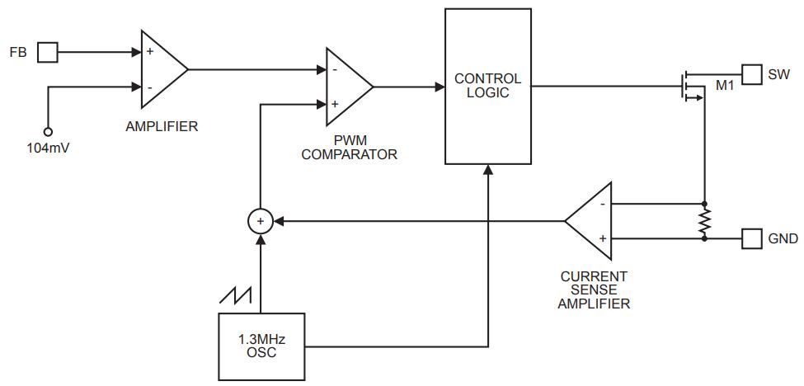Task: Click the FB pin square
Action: (x=48, y=53)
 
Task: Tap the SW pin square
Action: (x=752, y=74)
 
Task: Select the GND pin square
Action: (x=752, y=238)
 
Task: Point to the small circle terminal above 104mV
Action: (x=48, y=131)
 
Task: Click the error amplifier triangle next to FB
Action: (x=162, y=69)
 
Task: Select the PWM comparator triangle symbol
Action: (x=347, y=87)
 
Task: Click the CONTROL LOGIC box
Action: (x=488, y=86)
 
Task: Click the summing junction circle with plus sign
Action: (x=261, y=221)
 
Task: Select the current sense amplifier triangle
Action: (x=591, y=221)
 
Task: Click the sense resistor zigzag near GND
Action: (x=704, y=221)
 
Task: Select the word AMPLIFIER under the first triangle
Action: (x=162, y=126)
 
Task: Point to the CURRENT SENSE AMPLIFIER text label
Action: (x=593, y=289)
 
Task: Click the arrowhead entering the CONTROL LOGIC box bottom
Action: (x=488, y=169)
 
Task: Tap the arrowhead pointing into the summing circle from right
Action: (x=277, y=221)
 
